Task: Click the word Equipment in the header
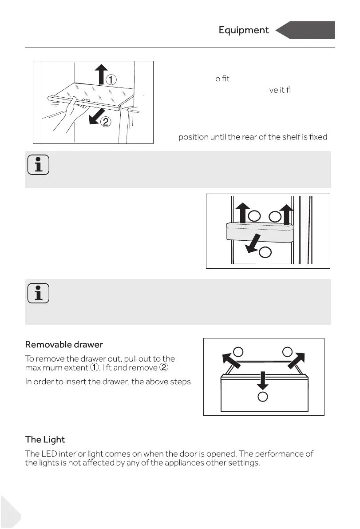click(x=244, y=30)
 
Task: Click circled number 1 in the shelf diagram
click(x=111, y=80)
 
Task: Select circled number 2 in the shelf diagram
click(x=105, y=122)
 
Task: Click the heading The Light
click(x=45, y=439)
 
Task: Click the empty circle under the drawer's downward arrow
click(x=263, y=397)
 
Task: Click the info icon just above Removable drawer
click(x=38, y=294)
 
